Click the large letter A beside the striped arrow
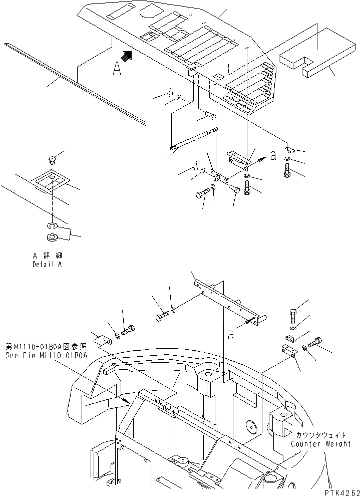click(x=117, y=69)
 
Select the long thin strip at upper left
click(x=75, y=83)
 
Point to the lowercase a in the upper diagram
click(x=272, y=156)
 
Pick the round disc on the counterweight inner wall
click(x=251, y=427)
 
